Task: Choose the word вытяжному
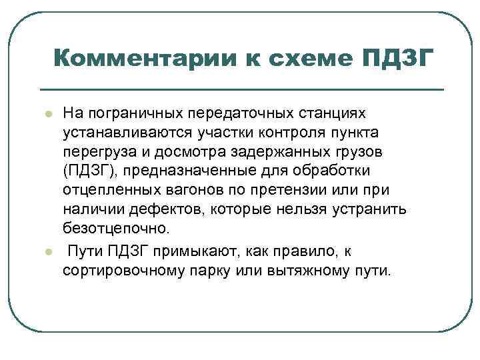coord(315,273)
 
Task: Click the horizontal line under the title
coord(241,89)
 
